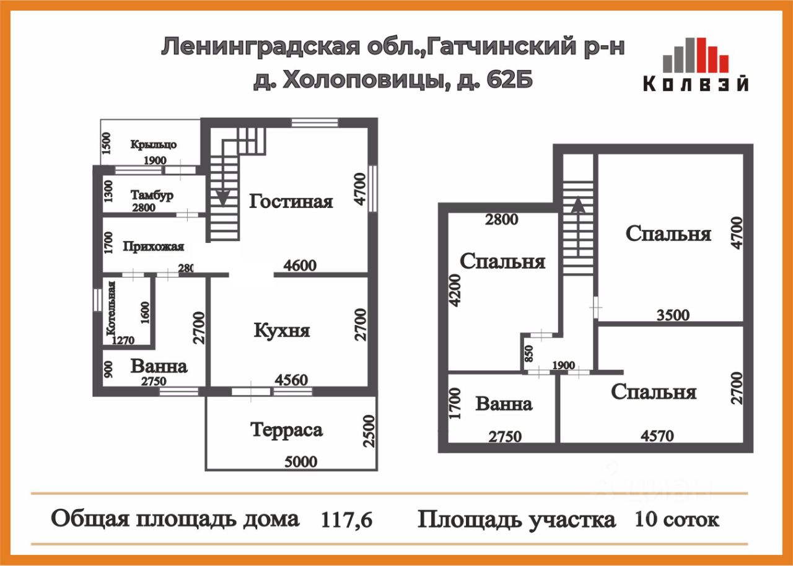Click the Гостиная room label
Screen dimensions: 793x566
tap(291, 201)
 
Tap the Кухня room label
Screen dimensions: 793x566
tap(282, 330)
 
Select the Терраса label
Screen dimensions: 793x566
tap(286, 429)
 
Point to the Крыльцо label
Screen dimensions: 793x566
tap(153, 144)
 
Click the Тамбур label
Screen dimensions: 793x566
tap(152, 195)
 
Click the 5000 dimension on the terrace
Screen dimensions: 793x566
tap(300, 461)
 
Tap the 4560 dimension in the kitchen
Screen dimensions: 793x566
tap(291, 380)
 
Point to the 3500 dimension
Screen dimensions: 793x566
tap(673, 315)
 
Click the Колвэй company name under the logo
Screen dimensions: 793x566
tap(695, 84)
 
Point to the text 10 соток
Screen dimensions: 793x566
tap(677, 519)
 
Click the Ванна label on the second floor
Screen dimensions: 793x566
tap(504, 404)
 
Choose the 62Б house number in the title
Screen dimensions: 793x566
tap(510, 81)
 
